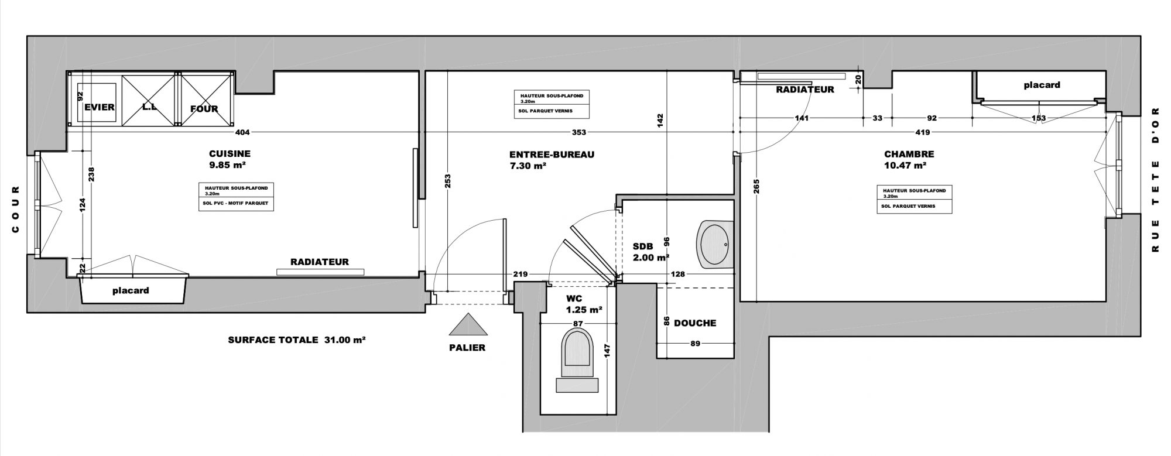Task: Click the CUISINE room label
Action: coord(230,154)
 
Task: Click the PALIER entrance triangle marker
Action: coord(467,325)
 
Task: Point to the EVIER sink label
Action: coord(100,107)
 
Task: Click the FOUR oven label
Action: coord(204,108)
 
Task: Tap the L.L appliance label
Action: coord(148,107)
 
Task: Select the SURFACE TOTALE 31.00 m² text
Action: coord(297,340)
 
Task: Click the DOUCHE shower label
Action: coord(695,323)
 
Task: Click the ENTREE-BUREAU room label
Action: coord(552,155)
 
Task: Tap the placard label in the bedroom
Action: coord(1042,85)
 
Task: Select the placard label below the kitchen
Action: coord(131,290)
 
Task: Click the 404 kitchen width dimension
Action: coord(243,133)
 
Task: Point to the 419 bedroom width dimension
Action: coord(923,132)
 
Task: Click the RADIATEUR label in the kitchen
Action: coord(320,262)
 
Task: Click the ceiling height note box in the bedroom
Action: coord(914,200)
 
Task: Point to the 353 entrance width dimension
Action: coord(578,133)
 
